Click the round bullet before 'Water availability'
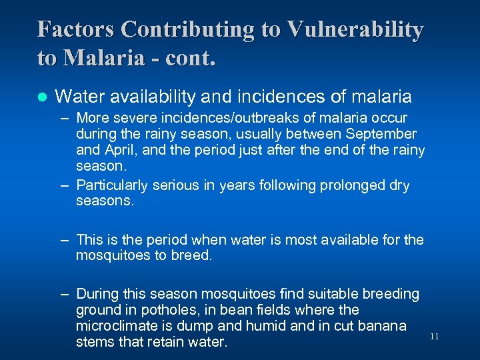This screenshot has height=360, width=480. point(41,97)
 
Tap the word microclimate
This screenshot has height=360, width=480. point(116,326)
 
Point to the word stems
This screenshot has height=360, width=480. point(94,342)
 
